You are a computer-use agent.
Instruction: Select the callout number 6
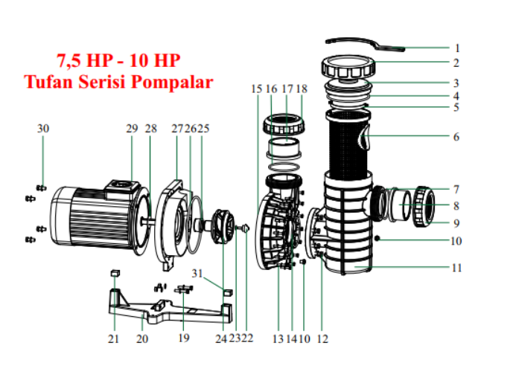[456, 138]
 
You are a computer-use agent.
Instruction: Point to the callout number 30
[43, 129]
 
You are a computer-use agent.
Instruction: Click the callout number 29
[132, 129]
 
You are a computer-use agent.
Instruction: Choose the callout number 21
[113, 338]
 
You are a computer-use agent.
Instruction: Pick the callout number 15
[257, 89]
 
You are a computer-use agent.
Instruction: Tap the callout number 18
[302, 89]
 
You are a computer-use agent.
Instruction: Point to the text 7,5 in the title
[71, 59]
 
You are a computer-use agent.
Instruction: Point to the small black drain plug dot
[379, 239]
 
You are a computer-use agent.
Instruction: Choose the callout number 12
[322, 338]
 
